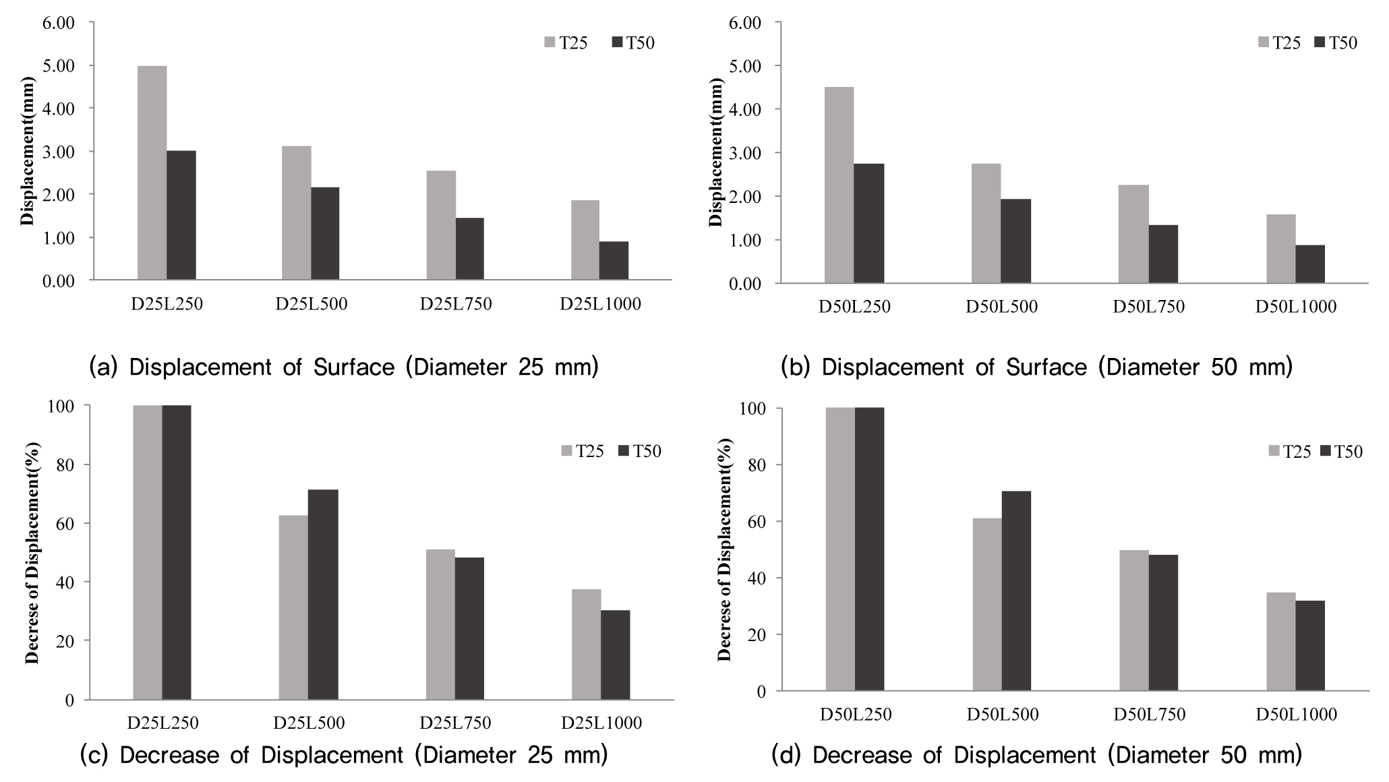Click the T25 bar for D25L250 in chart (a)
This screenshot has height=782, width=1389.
[x=152, y=173]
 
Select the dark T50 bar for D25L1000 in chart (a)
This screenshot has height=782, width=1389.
[x=614, y=260]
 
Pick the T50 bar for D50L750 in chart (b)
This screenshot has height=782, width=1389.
[x=1163, y=253]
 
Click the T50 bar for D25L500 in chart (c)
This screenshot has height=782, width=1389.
[x=323, y=595]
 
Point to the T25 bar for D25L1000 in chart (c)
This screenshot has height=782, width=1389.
[x=586, y=644]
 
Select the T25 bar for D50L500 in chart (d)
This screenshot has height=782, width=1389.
[x=986, y=604]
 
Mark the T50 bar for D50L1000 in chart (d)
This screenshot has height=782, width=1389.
[x=1310, y=645]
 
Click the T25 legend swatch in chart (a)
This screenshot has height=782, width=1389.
[x=550, y=42]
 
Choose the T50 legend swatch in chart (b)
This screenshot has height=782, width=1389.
[x=1320, y=42]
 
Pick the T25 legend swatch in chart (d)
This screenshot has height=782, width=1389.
[x=1274, y=451]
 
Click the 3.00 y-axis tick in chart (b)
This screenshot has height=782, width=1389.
[x=746, y=153]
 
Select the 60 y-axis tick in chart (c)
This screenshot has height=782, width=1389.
[x=66, y=523]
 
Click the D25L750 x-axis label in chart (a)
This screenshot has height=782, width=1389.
[x=456, y=304]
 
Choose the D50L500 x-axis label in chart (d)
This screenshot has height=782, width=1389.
[x=1003, y=715]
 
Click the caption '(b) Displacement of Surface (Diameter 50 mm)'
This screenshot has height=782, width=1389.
[x=1036, y=367]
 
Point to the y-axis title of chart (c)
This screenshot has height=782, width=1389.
[x=32, y=553]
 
